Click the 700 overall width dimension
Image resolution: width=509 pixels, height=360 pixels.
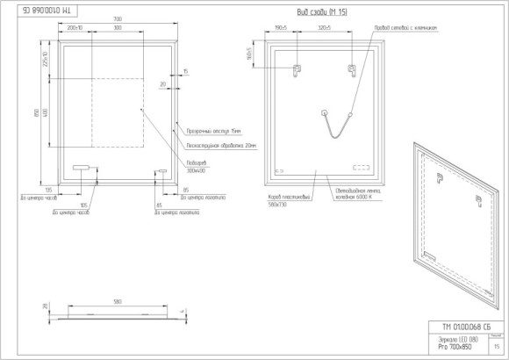click(x=118, y=19)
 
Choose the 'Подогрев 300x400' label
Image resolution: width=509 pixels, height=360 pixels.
click(x=198, y=167)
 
